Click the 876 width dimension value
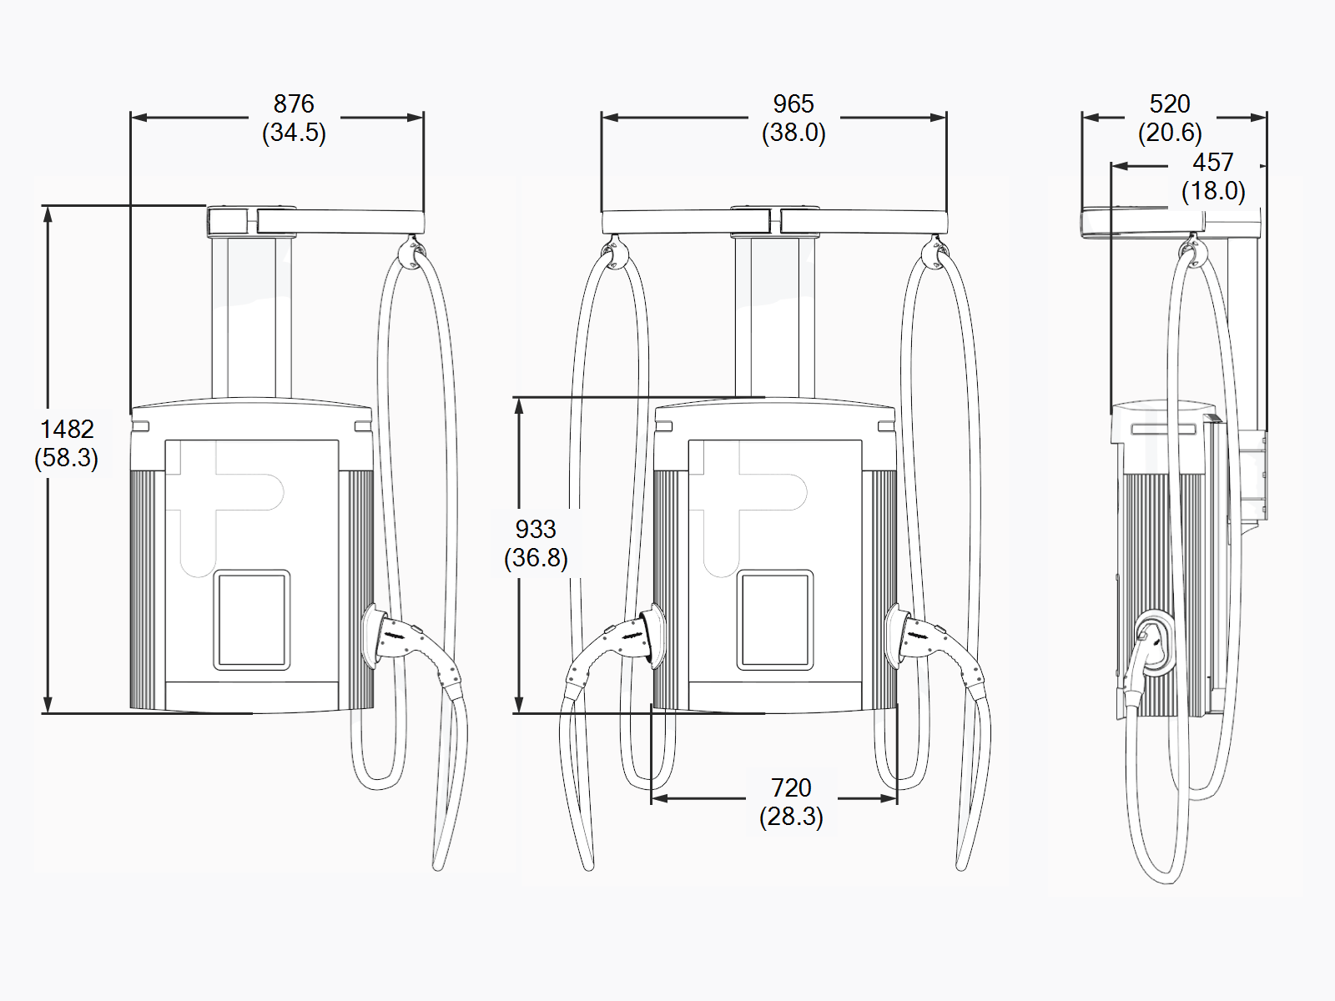(294, 104)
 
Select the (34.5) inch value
(294, 133)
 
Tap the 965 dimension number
(793, 104)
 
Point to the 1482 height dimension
(67, 430)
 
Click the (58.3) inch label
(67, 458)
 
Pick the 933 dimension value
(535, 530)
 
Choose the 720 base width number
(791, 787)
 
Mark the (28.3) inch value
(791, 817)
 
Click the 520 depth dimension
(1169, 104)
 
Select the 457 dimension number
(1212, 162)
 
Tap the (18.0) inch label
(1212, 191)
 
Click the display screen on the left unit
(252, 620)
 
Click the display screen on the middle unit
(775, 620)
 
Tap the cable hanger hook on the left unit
(411, 253)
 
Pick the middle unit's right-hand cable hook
(934, 253)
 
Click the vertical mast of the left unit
(251, 317)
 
